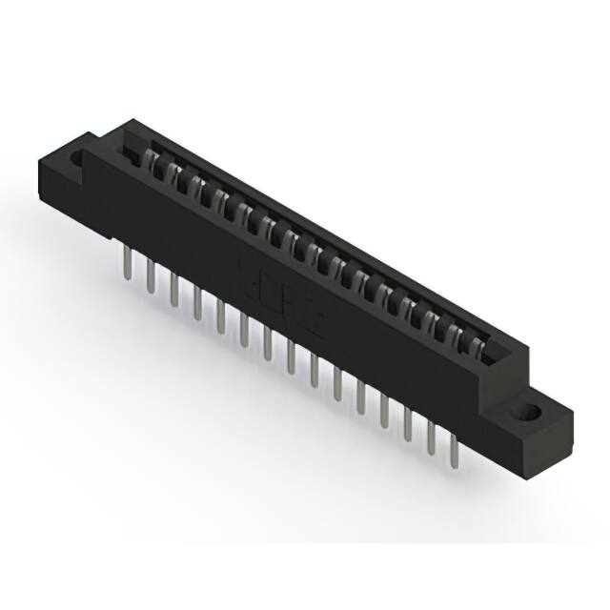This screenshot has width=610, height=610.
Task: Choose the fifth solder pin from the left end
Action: pyautogui.click(x=221, y=315)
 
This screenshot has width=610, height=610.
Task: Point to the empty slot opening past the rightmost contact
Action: pyautogui.click(x=496, y=358)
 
